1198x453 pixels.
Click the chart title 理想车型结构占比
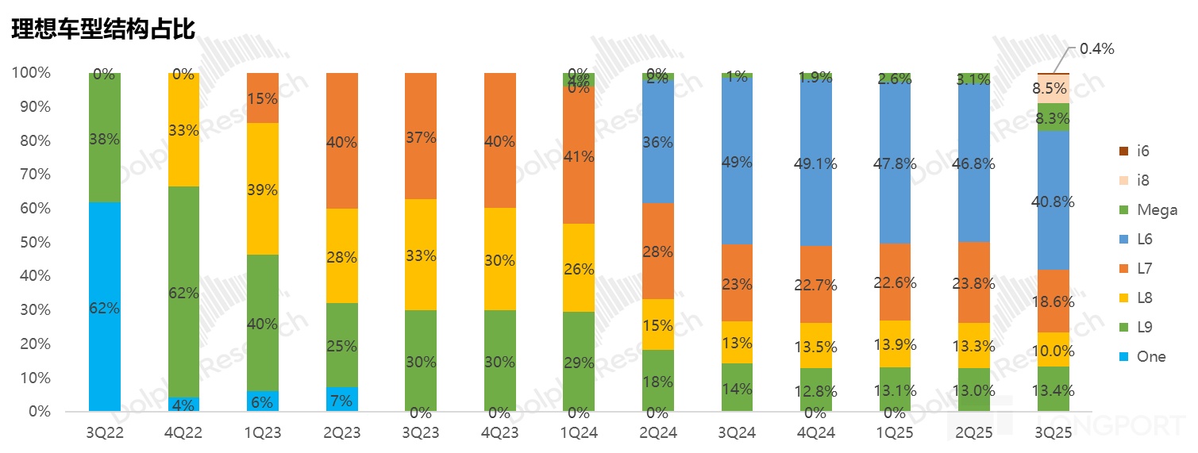pyautogui.click(x=102, y=28)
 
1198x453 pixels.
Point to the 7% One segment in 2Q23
pyautogui.click(x=342, y=399)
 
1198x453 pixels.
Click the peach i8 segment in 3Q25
pyautogui.click(x=1053, y=89)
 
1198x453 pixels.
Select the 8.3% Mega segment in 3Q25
pyautogui.click(x=1053, y=117)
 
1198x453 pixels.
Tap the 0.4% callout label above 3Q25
pyautogui.click(x=1096, y=49)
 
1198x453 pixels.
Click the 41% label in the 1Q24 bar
pyautogui.click(x=579, y=156)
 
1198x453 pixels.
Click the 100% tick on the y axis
pyautogui.click(x=31, y=73)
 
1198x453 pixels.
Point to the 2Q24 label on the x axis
pyautogui.click(x=657, y=433)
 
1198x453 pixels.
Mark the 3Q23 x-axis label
pyautogui.click(x=421, y=433)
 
